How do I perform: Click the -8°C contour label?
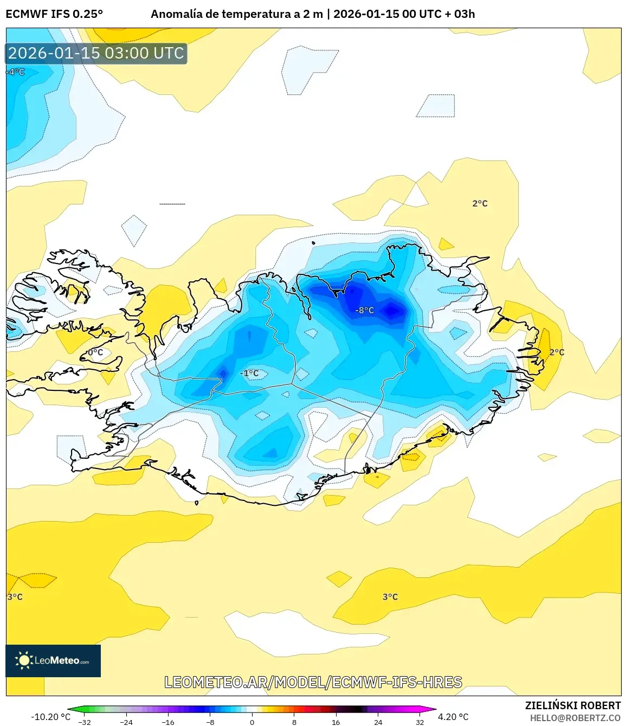[x=364, y=310]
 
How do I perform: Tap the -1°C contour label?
[x=249, y=373]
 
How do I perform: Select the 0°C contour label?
[x=95, y=352]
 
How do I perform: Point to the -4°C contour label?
[x=16, y=72]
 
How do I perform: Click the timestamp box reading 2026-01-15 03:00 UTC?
[x=96, y=53]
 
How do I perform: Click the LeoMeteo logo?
[x=53, y=660]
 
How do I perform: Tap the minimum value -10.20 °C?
[x=50, y=716]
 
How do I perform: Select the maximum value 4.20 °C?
[x=453, y=716]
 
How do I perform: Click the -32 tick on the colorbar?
[x=85, y=722]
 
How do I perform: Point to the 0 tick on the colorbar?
[x=252, y=722]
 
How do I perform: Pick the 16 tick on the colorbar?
[x=336, y=722]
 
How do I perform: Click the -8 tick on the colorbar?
[x=210, y=722]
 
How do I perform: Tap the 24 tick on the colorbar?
[x=378, y=722]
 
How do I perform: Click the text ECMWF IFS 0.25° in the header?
[x=54, y=14]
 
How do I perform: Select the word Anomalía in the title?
[x=176, y=14]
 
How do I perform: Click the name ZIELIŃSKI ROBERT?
[x=572, y=705]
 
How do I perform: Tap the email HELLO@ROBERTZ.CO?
[x=575, y=718]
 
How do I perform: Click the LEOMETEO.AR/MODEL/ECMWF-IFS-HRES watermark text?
[x=313, y=682]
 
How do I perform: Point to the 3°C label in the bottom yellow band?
[x=390, y=596]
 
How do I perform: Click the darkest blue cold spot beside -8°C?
[x=392, y=311]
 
